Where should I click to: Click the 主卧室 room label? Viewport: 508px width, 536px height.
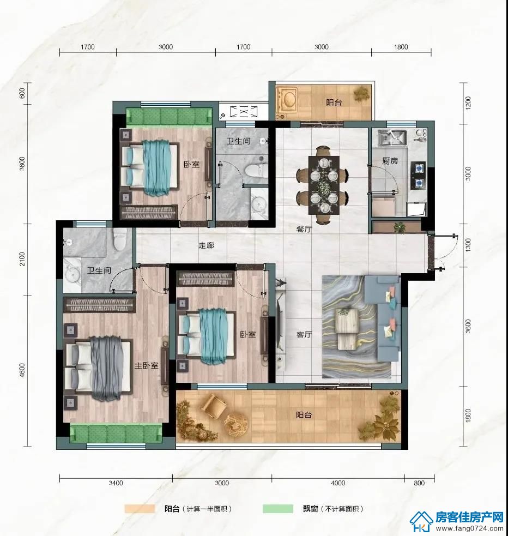pos(146,365)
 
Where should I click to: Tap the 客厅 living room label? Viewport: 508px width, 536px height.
pos(304,334)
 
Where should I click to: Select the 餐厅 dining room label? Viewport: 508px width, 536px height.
pos(304,228)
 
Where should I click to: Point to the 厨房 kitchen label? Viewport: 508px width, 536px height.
pos(390,160)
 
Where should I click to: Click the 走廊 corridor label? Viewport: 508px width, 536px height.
pos(207,245)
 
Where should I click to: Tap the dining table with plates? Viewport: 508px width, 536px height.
pos(324,185)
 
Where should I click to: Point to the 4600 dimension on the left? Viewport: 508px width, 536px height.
pos(22,370)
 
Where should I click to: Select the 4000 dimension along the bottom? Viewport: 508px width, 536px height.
pos(338,483)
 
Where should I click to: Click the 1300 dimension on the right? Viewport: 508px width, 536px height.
pos(468,245)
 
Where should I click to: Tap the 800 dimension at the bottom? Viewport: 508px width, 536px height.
pos(419,483)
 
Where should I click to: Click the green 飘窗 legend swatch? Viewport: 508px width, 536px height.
pos(278,509)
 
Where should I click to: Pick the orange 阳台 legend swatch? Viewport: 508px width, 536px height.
pos(140,509)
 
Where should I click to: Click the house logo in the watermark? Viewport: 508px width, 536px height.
pos(421,521)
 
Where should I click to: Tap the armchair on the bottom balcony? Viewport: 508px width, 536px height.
pos(214,406)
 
